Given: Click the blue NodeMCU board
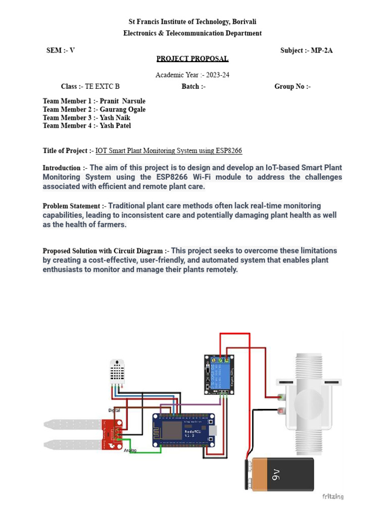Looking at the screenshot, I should pyautogui.click(x=184, y=430).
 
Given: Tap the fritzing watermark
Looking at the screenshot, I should pyautogui.click(x=333, y=496).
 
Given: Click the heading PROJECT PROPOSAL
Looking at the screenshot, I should pyautogui.click(x=192, y=59).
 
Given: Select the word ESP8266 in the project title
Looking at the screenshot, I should pyautogui.click(x=228, y=150).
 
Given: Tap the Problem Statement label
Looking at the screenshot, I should pyautogui.click(x=72, y=206).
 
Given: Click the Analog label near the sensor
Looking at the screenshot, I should pyautogui.click(x=130, y=450).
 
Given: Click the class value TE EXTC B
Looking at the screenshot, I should pyautogui.click(x=103, y=86).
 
